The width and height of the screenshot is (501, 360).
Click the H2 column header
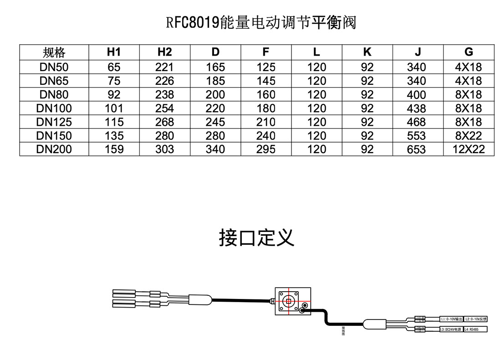click(x=164, y=52)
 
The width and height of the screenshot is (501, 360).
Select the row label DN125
click(x=54, y=122)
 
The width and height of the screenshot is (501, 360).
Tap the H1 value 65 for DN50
click(x=114, y=67)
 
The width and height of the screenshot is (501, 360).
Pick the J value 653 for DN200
click(x=416, y=149)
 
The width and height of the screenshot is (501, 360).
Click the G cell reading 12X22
click(x=469, y=149)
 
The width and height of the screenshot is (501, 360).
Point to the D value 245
click(x=215, y=122)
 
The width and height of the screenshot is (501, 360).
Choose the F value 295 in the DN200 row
click(x=266, y=149)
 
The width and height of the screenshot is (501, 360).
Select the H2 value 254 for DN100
click(x=164, y=108)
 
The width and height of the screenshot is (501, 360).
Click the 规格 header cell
click(x=54, y=52)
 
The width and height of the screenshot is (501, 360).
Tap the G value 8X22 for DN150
click(x=469, y=136)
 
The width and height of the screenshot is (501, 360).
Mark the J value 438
click(x=416, y=108)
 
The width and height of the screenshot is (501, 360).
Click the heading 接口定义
click(x=256, y=238)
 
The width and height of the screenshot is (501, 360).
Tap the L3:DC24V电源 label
click(x=450, y=329)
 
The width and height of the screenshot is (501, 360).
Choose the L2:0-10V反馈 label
click(x=475, y=319)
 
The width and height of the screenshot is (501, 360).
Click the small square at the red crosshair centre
click(x=288, y=302)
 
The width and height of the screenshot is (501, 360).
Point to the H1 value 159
click(x=114, y=149)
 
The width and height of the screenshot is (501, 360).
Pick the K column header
click(x=367, y=52)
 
